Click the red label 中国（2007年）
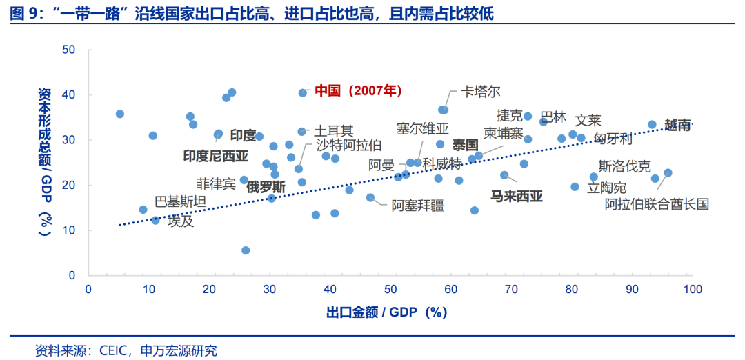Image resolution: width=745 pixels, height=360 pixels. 358,90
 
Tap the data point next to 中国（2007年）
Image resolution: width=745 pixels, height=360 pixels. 303,92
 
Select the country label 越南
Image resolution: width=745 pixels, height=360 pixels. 677,125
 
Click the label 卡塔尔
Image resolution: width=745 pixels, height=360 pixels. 481,92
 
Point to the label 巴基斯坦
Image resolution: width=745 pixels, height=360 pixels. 180,201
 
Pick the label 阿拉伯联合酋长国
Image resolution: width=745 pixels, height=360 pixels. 657,204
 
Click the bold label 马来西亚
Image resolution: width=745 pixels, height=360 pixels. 517,197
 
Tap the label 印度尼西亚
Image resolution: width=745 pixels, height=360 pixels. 215,156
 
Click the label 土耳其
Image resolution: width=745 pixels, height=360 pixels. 335,130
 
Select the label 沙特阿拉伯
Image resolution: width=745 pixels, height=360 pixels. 348,145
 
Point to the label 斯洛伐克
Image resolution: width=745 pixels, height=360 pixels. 624,166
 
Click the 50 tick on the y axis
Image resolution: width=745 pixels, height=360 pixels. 68,50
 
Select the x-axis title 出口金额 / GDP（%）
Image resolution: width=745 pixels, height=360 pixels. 387,312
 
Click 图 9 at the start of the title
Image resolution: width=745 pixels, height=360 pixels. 26,13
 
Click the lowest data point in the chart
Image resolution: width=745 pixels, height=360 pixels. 246,250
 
